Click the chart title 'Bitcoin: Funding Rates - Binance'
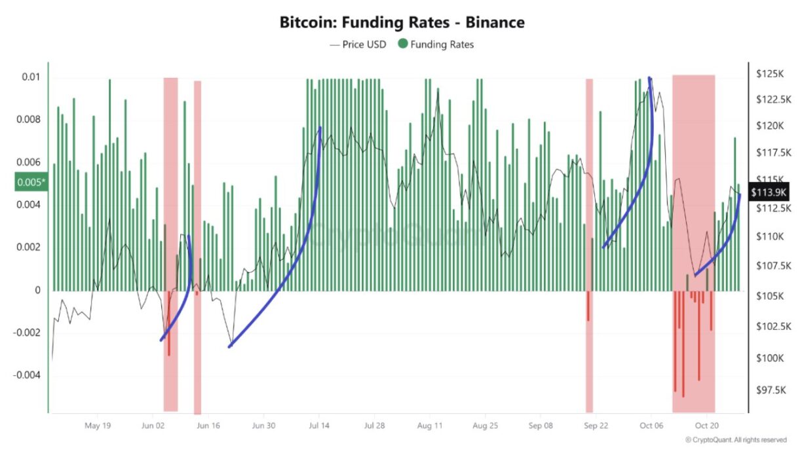point(402,22)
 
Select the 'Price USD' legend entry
point(358,45)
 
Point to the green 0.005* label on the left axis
point(31,182)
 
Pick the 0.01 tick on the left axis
point(31,77)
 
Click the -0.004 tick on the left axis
point(28,376)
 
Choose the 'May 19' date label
point(97,425)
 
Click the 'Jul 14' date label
point(319,425)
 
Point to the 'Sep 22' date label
point(595,425)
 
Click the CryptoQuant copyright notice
point(736,440)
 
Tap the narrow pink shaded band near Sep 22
point(589,196)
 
